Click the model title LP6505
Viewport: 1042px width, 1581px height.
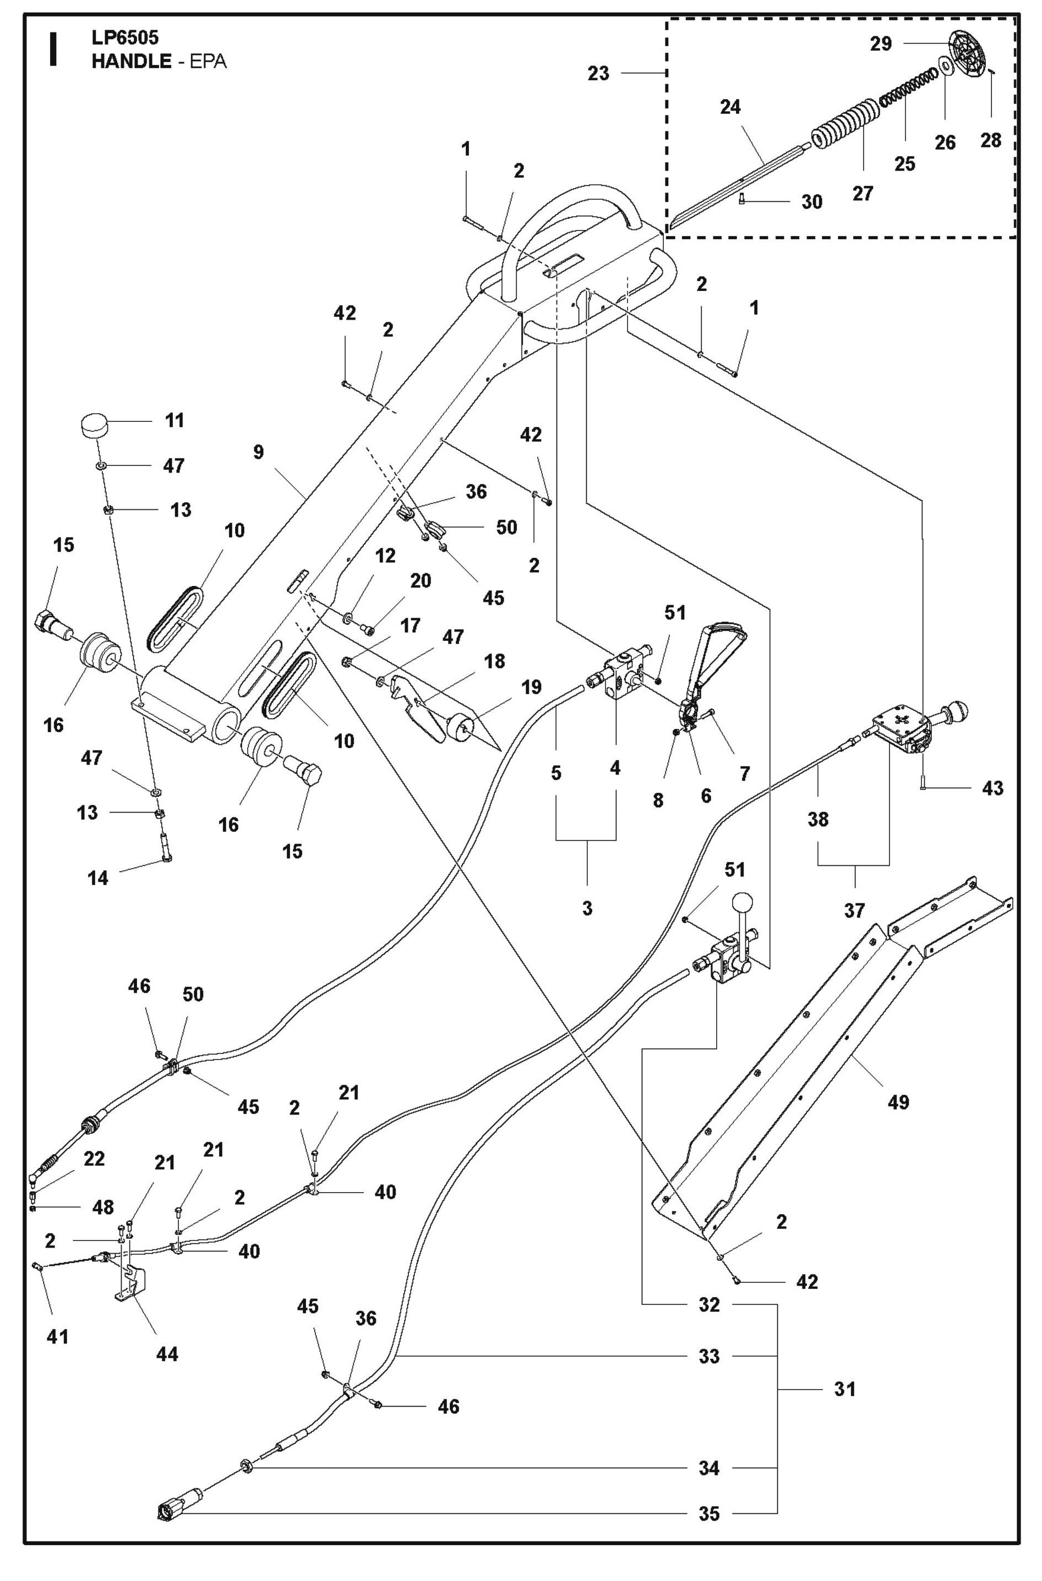point(125,38)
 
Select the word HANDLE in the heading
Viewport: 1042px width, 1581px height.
point(132,62)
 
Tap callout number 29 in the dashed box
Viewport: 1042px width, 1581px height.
point(881,44)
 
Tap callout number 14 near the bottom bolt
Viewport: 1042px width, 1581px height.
point(97,877)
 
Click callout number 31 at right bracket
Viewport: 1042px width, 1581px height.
point(844,1388)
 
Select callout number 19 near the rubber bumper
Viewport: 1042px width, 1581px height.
point(531,687)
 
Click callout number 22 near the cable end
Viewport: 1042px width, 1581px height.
point(94,1159)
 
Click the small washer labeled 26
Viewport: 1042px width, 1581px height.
point(943,68)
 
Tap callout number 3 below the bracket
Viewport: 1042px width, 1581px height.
point(587,908)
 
